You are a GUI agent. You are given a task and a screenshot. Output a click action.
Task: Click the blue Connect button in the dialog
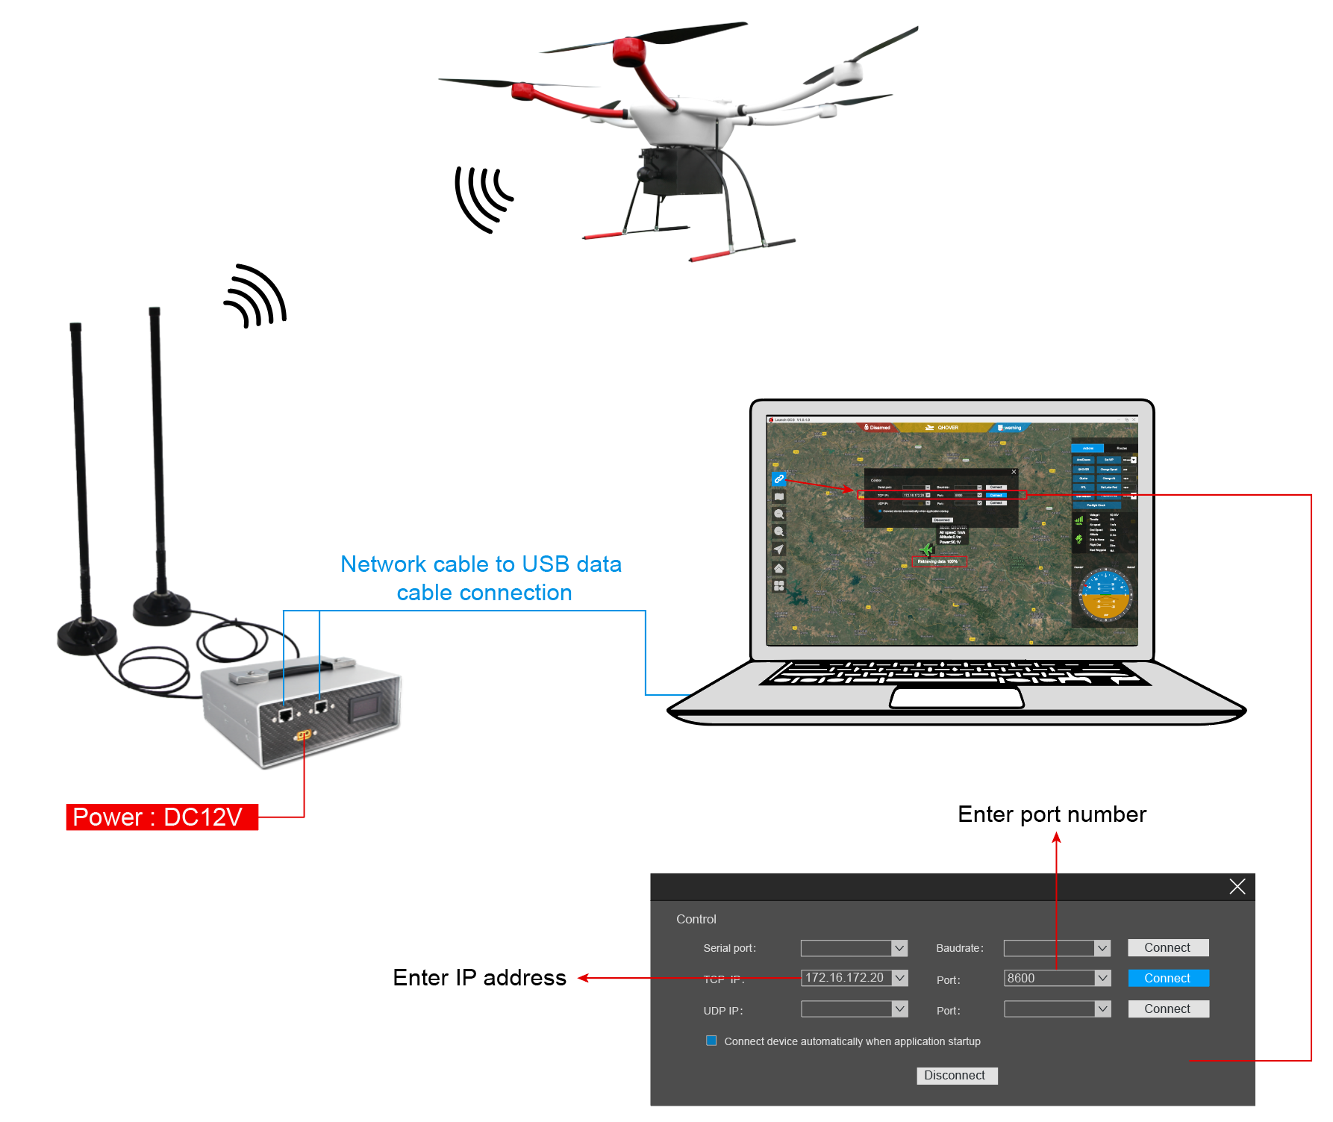pyautogui.click(x=1167, y=978)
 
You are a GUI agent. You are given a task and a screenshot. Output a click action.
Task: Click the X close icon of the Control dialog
pyautogui.click(x=1237, y=886)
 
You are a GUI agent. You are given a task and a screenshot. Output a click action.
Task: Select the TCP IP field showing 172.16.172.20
pyautogui.click(x=846, y=978)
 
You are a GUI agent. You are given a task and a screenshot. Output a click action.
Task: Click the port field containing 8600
pyautogui.click(x=1049, y=978)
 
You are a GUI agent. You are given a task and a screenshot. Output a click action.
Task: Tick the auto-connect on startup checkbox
pyautogui.click(x=711, y=1041)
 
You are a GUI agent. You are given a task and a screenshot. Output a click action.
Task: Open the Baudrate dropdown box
pyautogui.click(x=1056, y=948)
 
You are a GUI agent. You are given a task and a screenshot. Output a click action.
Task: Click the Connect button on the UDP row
pyautogui.click(x=1167, y=1009)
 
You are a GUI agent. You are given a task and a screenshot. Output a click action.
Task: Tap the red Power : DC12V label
pyautogui.click(x=161, y=817)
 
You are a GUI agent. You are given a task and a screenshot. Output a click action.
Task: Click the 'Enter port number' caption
pyautogui.click(x=1051, y=814)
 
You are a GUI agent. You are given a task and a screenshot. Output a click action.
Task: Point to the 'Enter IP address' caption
pyautogui.click(x=479, y=978)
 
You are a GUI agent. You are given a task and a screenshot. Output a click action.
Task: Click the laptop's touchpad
pyautogui.click(x=956, y=698)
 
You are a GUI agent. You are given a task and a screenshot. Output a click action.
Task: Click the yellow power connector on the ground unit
pyautogui.click(x=303, y=735)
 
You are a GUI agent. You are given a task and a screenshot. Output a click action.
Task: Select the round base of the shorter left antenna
pyautogui.click(x=87, y=636)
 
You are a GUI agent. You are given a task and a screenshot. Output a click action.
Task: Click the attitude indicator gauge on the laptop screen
pyautogui.click(x=1105, y=594)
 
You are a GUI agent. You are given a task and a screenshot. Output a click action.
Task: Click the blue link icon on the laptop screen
pyautogui.click(x=778, y=479)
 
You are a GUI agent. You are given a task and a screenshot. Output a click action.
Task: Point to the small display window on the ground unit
pyautogui.click(x=367, y=707)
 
